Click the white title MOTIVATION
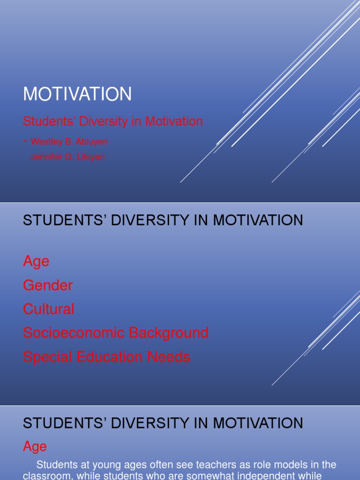pos(77,94)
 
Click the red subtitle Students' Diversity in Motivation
pos(113,121)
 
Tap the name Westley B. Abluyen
pos(72,141)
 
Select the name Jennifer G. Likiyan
pos(67,157)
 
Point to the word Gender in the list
pos(48,285)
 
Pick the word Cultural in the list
pos(49,309)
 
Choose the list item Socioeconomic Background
pos(116,333)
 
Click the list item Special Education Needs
pos(106,357)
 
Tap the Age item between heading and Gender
pos(36,261)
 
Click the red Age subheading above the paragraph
pos(35,447)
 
